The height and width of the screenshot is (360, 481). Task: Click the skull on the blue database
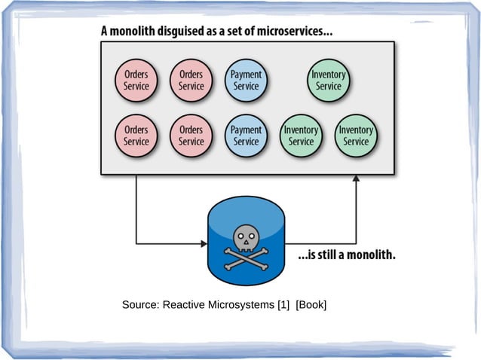246,238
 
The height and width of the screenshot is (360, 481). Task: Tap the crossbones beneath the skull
246,256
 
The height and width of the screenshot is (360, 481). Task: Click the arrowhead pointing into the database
204,243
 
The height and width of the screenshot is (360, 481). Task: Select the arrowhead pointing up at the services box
356,178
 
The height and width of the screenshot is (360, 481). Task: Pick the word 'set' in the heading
239,33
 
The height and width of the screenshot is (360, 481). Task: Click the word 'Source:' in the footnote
141,304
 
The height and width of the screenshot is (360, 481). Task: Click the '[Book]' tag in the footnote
311,304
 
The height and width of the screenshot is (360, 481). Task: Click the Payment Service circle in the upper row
246,81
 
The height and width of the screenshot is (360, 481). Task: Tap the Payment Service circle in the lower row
246,136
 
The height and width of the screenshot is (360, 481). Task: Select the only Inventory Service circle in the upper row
329,81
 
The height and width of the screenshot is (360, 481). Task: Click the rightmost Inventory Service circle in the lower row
356,136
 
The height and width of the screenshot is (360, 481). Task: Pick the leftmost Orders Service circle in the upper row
136,81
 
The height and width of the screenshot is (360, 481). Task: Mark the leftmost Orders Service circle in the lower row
136,136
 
